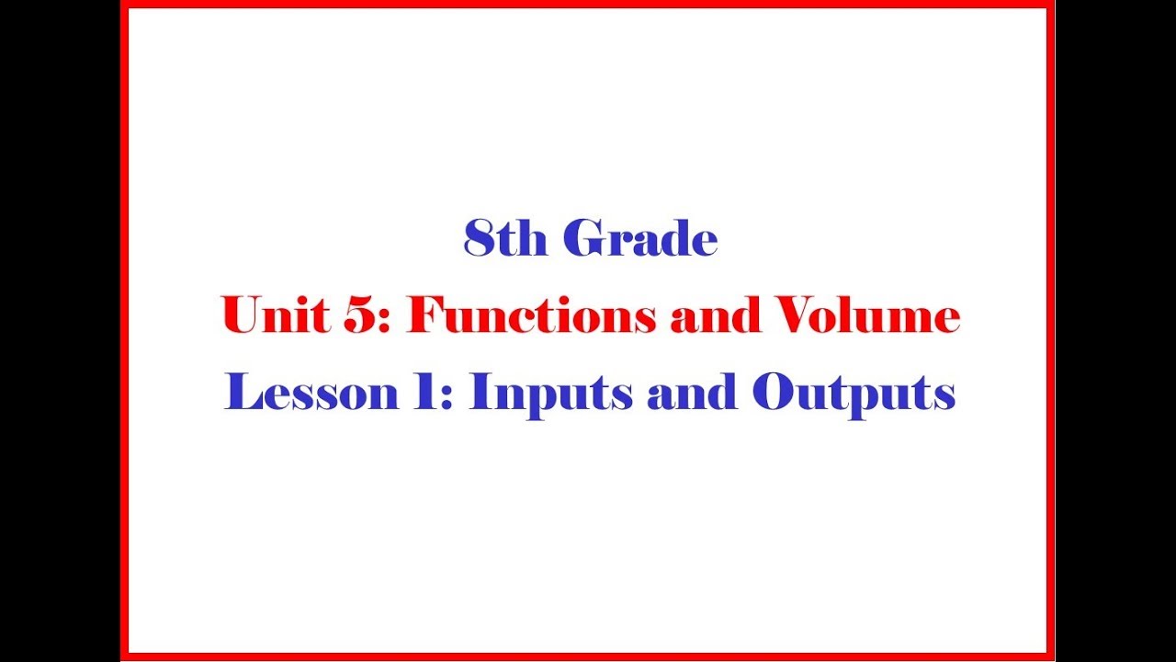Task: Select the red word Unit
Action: tap(273, 316)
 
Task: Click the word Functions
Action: tap(532, 316)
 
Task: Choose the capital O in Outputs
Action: tap(774, 394)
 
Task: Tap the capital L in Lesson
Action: tap(243, 394)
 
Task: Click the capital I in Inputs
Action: tap(479, 394)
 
